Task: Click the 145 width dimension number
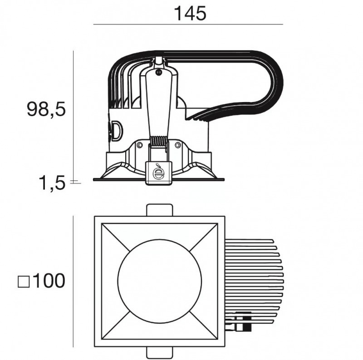click(190, 14)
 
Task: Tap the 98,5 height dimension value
click(46, 109)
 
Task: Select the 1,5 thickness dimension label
click(52, 183)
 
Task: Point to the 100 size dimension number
click(49, 281)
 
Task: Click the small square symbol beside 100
click(24, 282)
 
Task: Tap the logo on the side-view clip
click(158, 172)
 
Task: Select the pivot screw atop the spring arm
click(158, 72)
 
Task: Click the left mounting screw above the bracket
click(139, 145)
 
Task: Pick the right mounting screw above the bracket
click(177, 145)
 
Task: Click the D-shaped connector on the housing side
click(117, 131)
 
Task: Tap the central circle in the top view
click(160, 282)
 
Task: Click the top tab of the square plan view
click(160, 209)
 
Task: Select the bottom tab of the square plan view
click(160, 353)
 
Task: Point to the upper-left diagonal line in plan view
click(115, 238)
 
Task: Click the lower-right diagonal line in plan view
click(204, 325)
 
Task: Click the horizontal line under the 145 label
click(188, 24)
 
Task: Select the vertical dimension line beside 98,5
click(73, 117)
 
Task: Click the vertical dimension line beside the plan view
click(73, 282)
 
